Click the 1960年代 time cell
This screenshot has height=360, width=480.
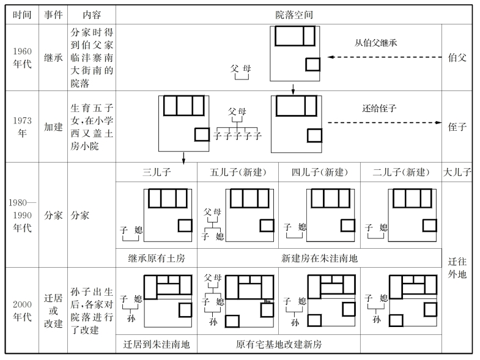click(x=22, y=58)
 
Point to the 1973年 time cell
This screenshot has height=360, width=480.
click(x=22, y=127)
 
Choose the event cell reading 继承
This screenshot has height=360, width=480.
click(x=53, y=58)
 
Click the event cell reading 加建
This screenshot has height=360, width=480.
click(x=53, y=127)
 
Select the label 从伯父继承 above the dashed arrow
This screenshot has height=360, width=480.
click(x=377, y=43)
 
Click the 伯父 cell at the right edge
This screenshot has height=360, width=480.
click(x=457, y=58)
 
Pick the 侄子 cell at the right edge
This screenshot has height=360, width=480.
click(x=457, y=127)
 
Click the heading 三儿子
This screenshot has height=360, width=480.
click(x=156, y=172)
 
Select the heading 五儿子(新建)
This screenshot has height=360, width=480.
click(x=237, y=172)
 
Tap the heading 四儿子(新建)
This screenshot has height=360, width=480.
click(x=319, y=172)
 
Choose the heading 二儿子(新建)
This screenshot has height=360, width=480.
click(x=401, y=172)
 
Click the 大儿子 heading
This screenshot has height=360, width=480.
click(x=457, y=172)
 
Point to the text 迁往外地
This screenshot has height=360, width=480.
click(x=457, y=267)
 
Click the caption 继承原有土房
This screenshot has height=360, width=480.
click(x=156, y=258)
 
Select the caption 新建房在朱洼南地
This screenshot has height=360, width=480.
click(x=319, y=258)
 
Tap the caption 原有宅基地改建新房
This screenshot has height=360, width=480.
click(x=279, y=345)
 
